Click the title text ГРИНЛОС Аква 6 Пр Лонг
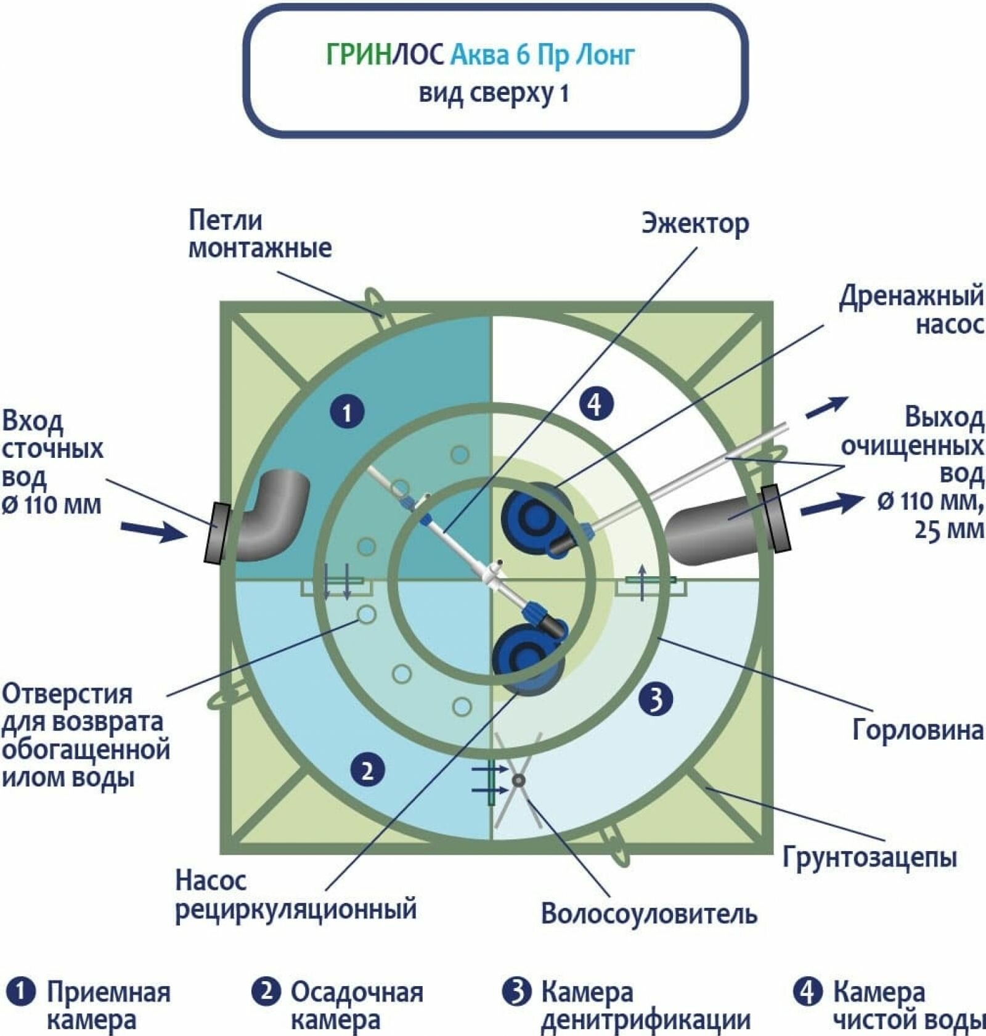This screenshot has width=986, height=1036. pos(480,55)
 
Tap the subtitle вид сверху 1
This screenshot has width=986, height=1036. pos(493,94)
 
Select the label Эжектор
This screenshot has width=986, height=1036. pos(695,223)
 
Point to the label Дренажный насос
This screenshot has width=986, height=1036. pos(911,309)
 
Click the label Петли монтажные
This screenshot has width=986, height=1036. pos(259,234)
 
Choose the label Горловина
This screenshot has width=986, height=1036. pos(918,730)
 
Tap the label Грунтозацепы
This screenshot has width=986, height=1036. pos(870,857)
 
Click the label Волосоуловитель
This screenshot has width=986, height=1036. pos(648,913)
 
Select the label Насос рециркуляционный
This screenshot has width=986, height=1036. pos(296,895)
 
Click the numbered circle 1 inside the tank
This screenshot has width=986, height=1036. pos(347,412)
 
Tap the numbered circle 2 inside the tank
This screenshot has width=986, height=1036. pos(367,770)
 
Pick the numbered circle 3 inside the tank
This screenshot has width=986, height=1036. pos(656,699)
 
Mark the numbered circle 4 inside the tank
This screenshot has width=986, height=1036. pos(595,404)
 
